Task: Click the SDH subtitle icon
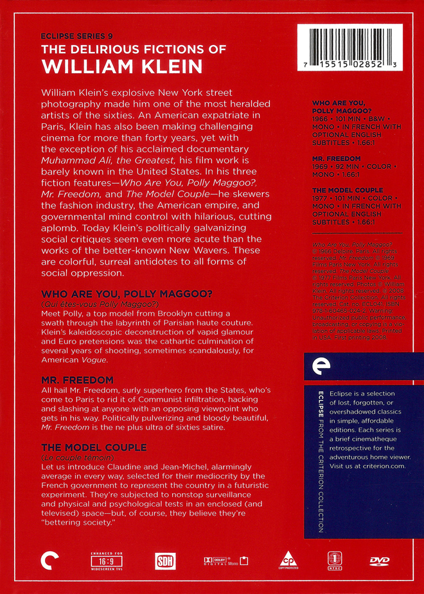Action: pyautogui.click(x=164, y=561)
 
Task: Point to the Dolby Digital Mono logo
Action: pyautogui.click(x=222, y=560)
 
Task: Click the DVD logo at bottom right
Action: pyautogui.click(x=380, y=560)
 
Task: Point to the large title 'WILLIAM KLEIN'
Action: pyautogui.click(x=122, y=66)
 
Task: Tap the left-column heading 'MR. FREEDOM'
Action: pyautogui.click(x=77, y=380)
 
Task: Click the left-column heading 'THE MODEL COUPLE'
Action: pyautogui.click(x=94, y=447)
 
